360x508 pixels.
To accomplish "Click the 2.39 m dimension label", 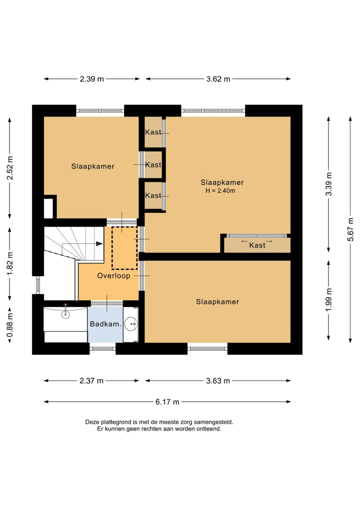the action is [x=92, y=79].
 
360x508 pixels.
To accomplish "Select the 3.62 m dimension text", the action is [x=218, y=79].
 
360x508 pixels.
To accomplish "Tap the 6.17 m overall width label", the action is [x=167, y=402].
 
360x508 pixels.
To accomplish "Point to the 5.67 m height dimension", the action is [x=350, y=229].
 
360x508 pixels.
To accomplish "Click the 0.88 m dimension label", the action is [x=10, y=325].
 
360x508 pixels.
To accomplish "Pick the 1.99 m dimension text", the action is [x=329, y=299].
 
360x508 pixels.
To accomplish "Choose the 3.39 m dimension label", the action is [x=329, y=184].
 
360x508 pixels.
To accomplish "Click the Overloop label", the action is [x=114, y=276].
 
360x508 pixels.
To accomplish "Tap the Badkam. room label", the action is [x=105, y=324].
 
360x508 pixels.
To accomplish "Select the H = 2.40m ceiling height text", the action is [x=220, y=190].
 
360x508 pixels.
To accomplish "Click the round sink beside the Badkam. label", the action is [x=131, y=323].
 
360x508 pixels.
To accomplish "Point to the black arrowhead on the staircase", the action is [x=99, y=244].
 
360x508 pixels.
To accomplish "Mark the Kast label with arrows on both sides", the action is [x=257, y=245].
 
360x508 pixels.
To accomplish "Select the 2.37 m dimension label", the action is [x=91, y=381].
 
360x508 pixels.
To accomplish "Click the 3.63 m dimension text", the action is [x=218, y=381].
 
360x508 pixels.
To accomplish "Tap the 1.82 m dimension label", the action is [x=10, y=263].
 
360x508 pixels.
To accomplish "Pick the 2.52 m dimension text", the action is [x=10, y=168].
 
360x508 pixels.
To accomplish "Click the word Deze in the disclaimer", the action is [x=92, y=422].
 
